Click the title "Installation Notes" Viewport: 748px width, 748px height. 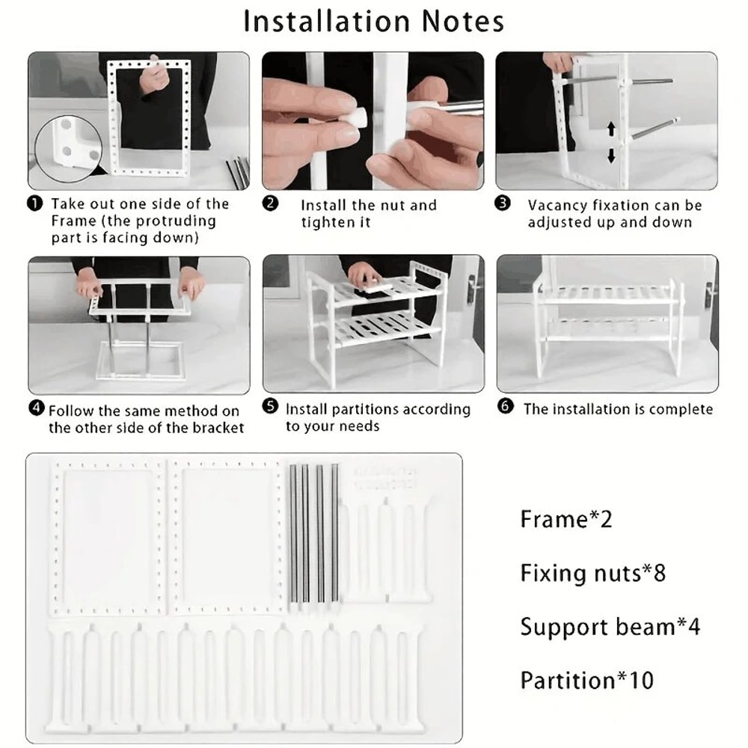click(x=374, y=21)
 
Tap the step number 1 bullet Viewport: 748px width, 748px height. click(x=34, y=203)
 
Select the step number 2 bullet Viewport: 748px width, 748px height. click(x=270, y=204)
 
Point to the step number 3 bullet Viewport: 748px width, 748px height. click(x=503, y=204)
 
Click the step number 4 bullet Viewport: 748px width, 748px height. click(x=35, y=408)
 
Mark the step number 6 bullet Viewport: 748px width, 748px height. click(x=506, y=408)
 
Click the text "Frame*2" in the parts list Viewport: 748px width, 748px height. click(x=566, y=519)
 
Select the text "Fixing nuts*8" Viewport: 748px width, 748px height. click(x=592, y=573)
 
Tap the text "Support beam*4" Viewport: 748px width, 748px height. click(x=610, y=627)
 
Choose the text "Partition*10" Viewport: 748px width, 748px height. click(x=586, y=681)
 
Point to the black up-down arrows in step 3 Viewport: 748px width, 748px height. click(x=610, y=143)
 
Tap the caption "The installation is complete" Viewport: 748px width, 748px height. click(x=618, y=409)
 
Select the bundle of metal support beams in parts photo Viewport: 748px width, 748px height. click(x=314, y=533)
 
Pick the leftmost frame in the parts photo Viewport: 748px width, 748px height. click(x=108, y=536)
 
